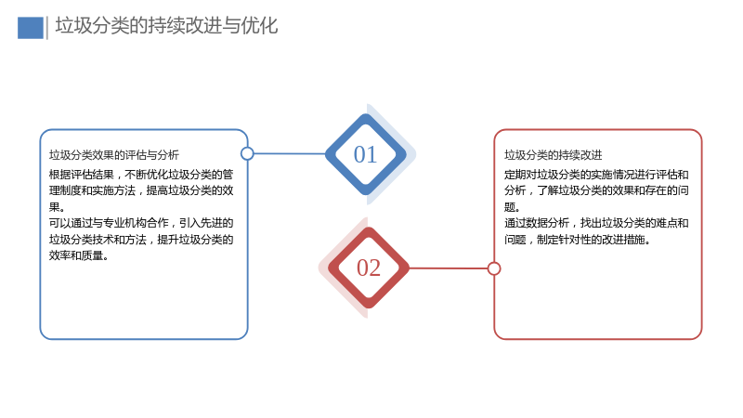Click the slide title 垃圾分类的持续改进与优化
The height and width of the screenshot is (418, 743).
pyautogui.click(x=166, y=26)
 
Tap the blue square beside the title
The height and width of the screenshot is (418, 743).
pyautogui.click(x=31, y=28)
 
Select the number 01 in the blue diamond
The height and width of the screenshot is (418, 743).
pyautogui.click(x=365, y=154)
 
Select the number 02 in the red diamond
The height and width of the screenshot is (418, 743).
pyautogui.click(x=369, y=268)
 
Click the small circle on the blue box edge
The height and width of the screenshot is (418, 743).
pyautogui.click(x=247, y=153)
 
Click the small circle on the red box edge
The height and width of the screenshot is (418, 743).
pyautogui.click(x=494, y=268)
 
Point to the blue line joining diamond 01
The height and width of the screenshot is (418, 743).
pyautogui.click(x=290, y=153)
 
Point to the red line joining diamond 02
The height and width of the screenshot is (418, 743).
pyautogui.click(x=449, y=268)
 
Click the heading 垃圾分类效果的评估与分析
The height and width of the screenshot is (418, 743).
pyautogui.click(x=113, y=155)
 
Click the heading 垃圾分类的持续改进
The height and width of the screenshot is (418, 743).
pyautogui.click(x=553, y=155)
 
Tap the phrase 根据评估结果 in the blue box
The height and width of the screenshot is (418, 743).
pyautogui.click(x=82, y=175)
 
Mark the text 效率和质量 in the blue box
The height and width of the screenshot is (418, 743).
pyautogui.click(x=76, y=256)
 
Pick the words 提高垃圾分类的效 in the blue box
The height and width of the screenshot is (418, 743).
pyautogui.click(x=190, y=191)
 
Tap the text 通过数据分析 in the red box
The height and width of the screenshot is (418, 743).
pyautogui.click(x=537, y=223)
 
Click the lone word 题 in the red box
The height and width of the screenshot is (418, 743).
pyautogui.click(x=510, y=207)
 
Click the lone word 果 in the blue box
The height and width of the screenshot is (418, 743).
pyautogui.click(x=55, y=207)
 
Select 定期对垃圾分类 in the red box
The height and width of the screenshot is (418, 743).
pyautogui.click(x=542, y=175)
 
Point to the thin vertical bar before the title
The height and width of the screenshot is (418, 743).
pyautogui.click(x=47, y=28)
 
